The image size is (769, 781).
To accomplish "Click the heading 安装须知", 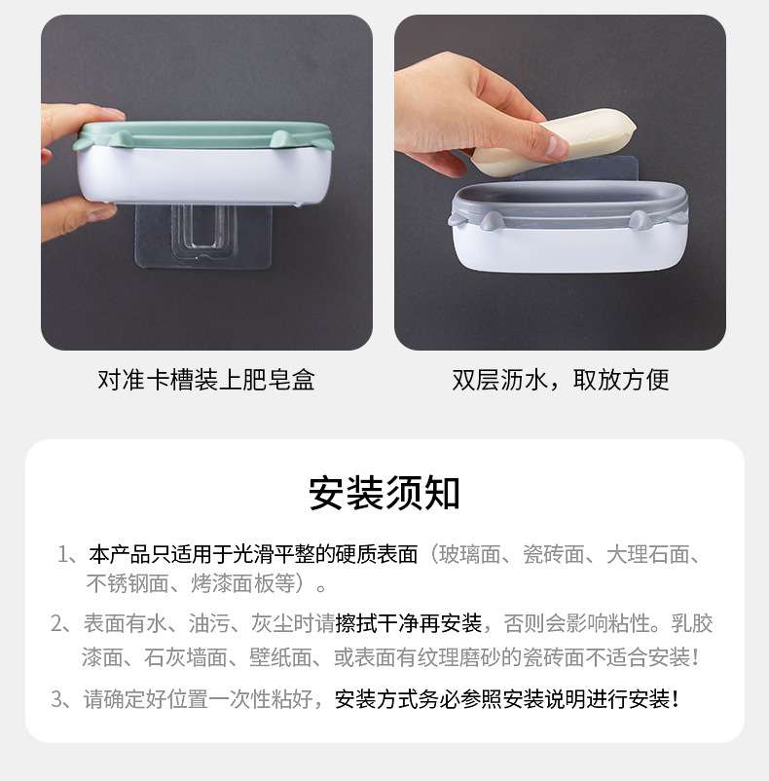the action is [x=384, y=493].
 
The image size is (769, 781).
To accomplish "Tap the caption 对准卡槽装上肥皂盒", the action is [x=206, y=380].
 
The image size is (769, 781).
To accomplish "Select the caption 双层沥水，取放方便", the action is [x=561, y=380].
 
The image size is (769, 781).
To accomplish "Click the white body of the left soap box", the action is [x=203, y=174].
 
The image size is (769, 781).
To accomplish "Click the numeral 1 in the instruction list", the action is [x=62, y=554].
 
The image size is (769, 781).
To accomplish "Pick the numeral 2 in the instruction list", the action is [x=56, y=623].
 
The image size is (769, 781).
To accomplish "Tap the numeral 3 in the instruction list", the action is [x=56, y=699].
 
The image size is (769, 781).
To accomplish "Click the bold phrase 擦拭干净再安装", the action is [x=409, y=623].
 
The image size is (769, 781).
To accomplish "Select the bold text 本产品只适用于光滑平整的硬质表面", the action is [x=253, y=554].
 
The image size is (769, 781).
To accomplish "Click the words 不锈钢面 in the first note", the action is [x=128, y=583].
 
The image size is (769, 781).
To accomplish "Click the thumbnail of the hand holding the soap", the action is [x=560, y=182].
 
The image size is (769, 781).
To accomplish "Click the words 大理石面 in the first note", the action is [x=647, y=554].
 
